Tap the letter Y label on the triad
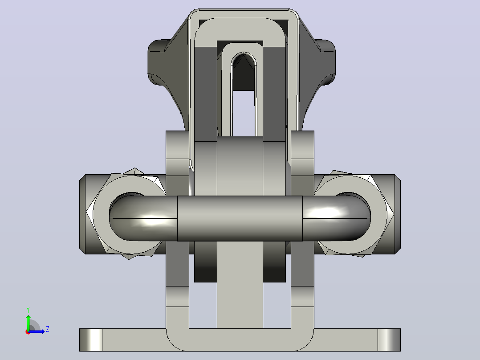click(28, 310)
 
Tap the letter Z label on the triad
click(48, 329)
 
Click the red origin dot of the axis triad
click(28, 332)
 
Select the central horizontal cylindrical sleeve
click(240, 218)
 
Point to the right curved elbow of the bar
click(337, 218)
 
